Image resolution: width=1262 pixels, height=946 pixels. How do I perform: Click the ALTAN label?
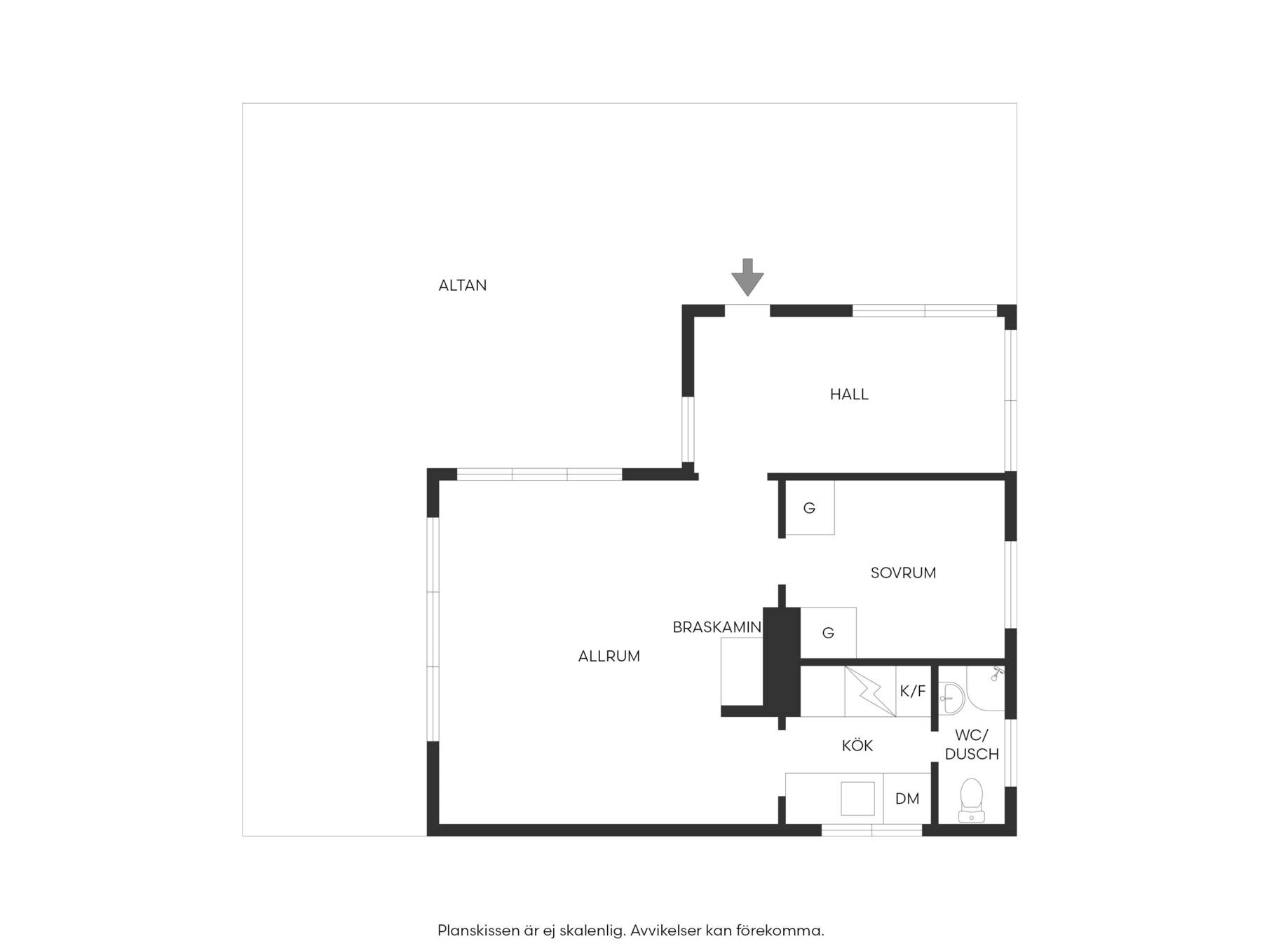pyautogui.click(x=462, y=285)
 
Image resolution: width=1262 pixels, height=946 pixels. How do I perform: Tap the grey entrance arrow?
pyautogui.click(x=747, y=277)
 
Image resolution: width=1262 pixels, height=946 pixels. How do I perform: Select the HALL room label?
pyautogui.click(x=849, y=395)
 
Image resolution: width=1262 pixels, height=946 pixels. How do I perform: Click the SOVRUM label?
pyautogui.click(x=903, y=573)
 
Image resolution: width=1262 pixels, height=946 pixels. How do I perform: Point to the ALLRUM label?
pyautogui.click(x=609, y=657)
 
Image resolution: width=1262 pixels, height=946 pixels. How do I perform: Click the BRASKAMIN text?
pyautogui.click(x=717, y=627)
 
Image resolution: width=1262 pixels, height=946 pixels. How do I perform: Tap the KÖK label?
pyautogui.click(x=857, y=745)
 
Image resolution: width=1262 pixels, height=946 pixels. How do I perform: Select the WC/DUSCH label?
pyautogui.click(x=972, y=745)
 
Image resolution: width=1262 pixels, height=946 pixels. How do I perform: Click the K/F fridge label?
pyautogui.click(x=912, y=692)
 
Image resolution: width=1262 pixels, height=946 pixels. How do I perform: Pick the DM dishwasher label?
pyautogui.click(x=907, y=799)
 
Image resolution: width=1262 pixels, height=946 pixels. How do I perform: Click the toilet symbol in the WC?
pyautogui.click(x=971, y=800)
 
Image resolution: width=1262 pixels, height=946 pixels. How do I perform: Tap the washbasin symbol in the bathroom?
pyautogui.click(x=951, y=698)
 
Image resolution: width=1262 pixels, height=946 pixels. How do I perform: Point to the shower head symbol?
pyautogui.click(x=997, y=674)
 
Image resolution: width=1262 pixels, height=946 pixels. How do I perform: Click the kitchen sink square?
pyautogui.click(x=857, y=799)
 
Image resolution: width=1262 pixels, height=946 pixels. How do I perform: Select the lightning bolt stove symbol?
pyautogui.click(x=870, y=691)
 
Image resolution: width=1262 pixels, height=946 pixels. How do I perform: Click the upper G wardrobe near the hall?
pyautogui.click(x=809, y=508)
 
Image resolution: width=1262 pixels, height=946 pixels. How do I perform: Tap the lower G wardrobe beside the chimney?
pyautogui.click(x=828, y=633)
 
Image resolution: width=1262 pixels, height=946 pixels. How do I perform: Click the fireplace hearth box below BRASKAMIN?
pyautogui.click(x=742, y=671)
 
